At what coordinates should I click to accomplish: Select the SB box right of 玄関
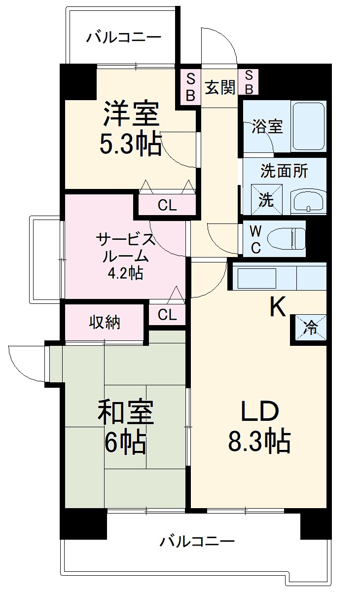pos(249,82)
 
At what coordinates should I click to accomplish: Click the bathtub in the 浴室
pos(308,126)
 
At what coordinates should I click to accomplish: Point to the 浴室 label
pos(267,126)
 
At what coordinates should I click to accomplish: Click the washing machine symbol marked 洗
pos(266,200)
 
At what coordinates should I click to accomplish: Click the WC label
pos(255,239)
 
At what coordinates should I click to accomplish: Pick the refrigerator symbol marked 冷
pos(311,328)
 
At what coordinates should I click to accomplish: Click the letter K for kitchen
pos(278,308)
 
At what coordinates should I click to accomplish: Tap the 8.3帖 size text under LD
pos(259,441)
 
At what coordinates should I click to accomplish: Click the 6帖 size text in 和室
pos(125,442)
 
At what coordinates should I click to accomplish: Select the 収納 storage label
pos(105,322)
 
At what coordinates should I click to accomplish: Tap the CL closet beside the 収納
pos(167,315)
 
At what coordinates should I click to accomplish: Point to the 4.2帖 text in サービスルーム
pos(125,273)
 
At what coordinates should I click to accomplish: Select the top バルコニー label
pos(124,37)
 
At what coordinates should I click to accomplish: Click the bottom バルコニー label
pos(196,542)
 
